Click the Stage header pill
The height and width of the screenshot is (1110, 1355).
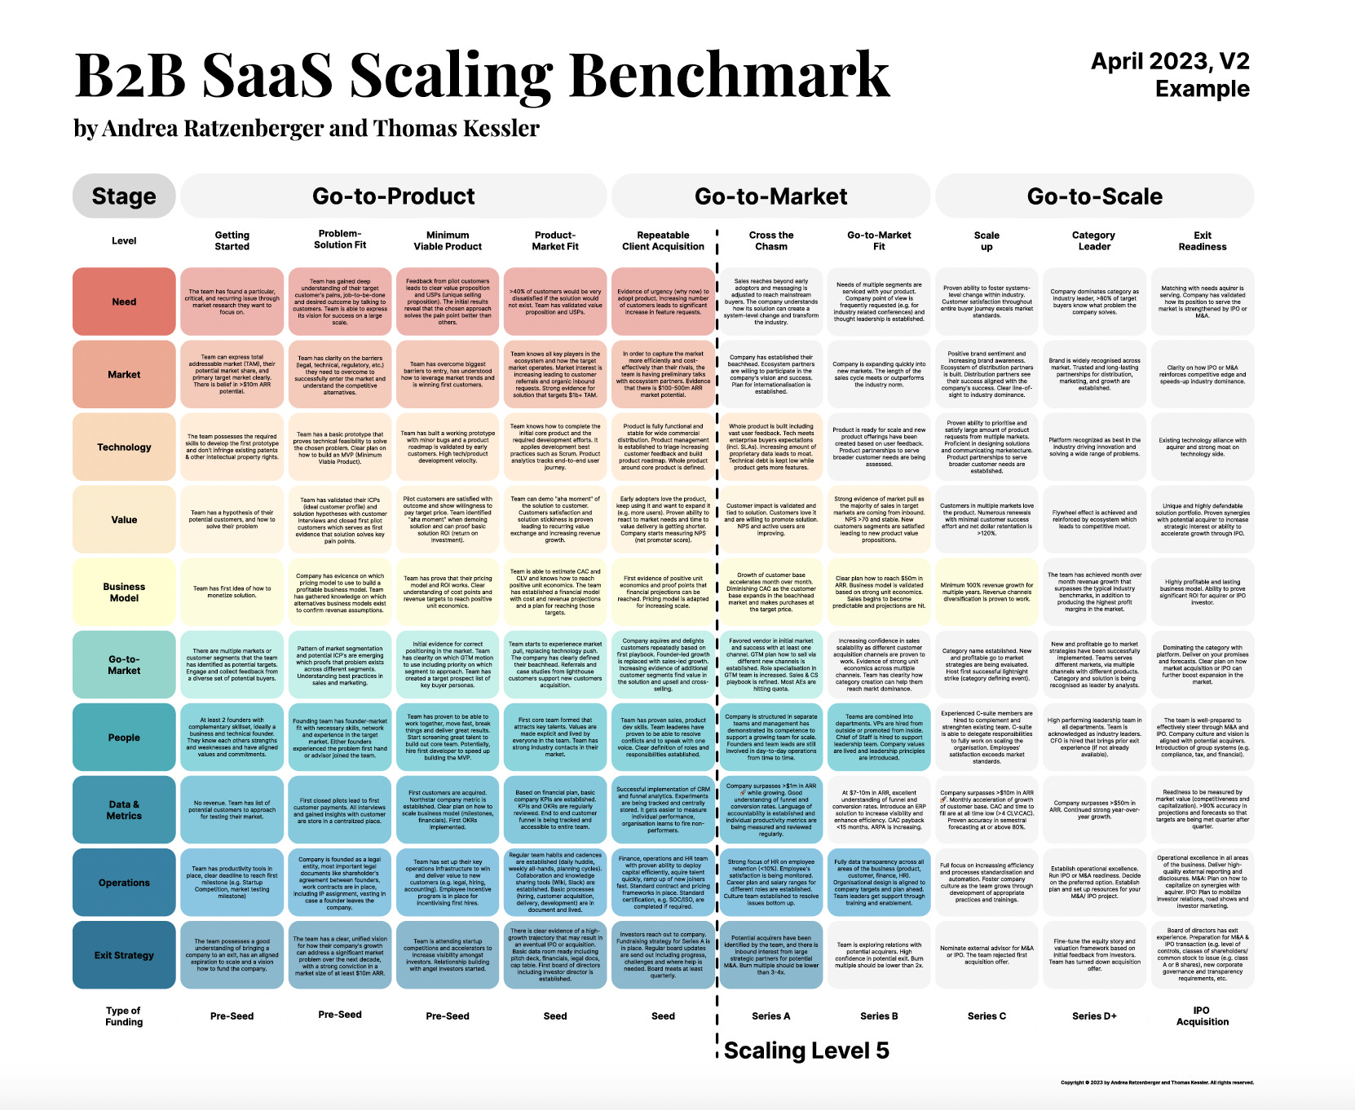[124, 196]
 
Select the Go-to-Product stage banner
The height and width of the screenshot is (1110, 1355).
[393, 196]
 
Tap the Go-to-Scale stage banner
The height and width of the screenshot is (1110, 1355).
[1094, 196]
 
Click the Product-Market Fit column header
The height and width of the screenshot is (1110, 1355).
[555, 240]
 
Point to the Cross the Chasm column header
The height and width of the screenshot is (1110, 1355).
[771, 240]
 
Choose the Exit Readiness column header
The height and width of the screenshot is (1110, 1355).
[1202, 240]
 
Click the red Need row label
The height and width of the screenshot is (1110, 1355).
[124, 302]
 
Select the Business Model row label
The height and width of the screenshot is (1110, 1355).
[124, 592]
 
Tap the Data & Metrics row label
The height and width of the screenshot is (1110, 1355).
[124, 809]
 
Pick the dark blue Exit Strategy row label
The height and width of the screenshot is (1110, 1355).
[124, 955]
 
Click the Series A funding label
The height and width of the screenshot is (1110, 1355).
[771, 1016]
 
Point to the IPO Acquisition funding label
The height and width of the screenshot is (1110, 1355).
[1202, 1015]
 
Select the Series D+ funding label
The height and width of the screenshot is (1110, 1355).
[1094, 1016]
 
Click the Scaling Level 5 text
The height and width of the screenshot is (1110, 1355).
[805, 1051]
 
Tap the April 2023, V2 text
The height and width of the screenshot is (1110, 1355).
[1170, 61]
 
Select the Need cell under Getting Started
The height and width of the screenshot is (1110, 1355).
[232, 302]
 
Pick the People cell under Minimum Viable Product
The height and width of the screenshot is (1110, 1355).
[448, 737]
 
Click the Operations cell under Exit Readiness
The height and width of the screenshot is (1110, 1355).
[1202, 882]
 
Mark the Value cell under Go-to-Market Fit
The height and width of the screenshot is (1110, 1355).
[879, 519]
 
